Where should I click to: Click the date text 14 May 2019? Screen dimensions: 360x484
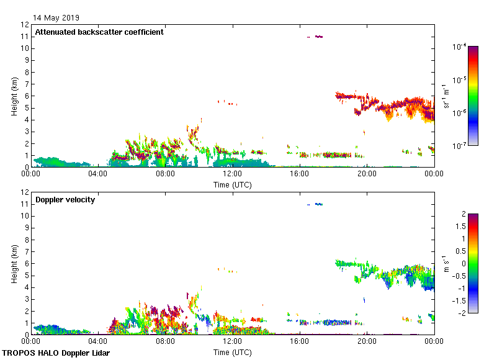(x=56, y=18)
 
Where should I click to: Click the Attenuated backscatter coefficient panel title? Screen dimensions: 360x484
(x=99, y=32)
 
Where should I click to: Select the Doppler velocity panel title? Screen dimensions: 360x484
(x=65, y=200)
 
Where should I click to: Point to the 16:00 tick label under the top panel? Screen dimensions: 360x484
(x=300, y=174)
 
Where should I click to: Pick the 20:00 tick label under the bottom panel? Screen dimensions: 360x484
(x=367, y=341)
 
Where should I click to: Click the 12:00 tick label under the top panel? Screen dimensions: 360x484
(x=232, y=174)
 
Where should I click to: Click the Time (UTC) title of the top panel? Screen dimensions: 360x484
(x=232, y=184)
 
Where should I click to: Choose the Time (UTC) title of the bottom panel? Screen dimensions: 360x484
(x=232, y=352)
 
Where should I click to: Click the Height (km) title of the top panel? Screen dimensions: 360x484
(x=14, y=96)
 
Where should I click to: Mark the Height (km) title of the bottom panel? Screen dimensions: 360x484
(x=14, y=263)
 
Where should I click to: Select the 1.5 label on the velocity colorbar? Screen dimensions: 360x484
(x=450, y=227)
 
